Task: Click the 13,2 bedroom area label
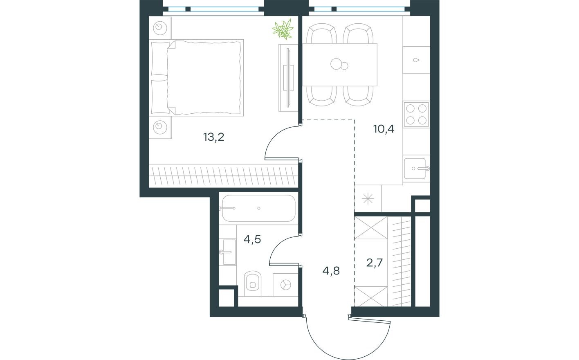[214, 137]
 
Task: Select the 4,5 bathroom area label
[252, 239]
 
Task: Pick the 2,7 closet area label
[374, 263]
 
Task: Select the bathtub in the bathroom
[258, 208]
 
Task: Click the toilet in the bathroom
[254, 283]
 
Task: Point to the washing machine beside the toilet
[285, 284]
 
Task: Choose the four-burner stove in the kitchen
[416, 115]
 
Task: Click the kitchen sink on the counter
[417, 168]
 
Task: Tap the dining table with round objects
[339, 64]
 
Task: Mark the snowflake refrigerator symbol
[368, 198]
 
